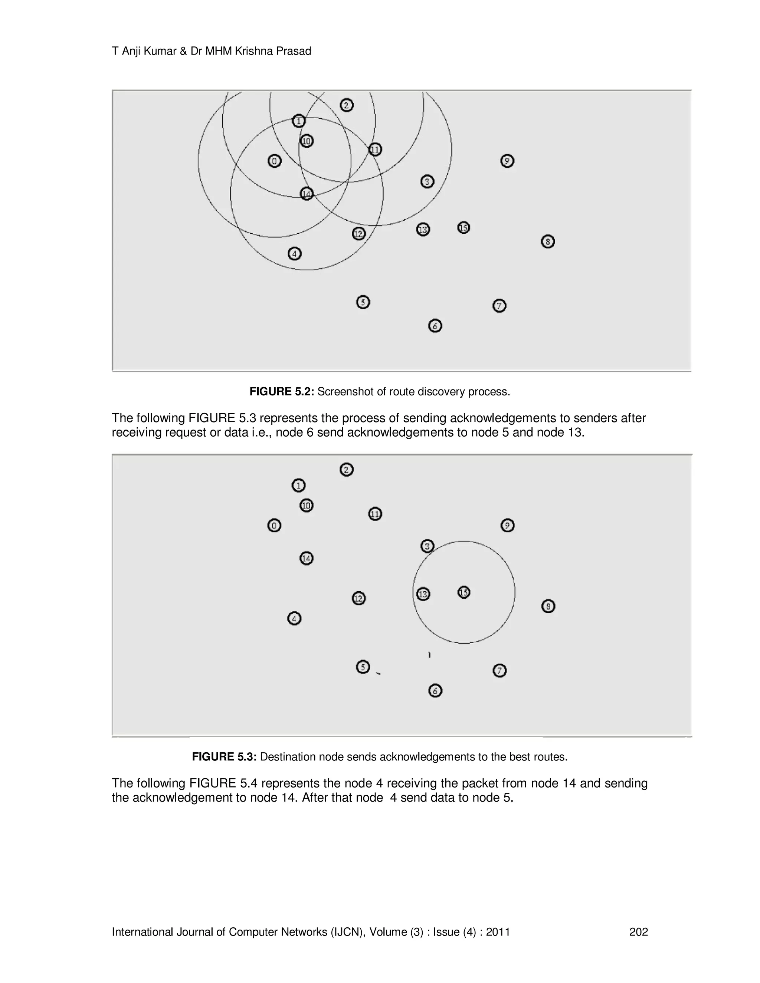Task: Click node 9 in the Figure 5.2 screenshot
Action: coord(507,161)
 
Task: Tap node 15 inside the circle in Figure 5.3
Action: coord(464,592)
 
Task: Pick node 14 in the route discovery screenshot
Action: coord(306,194)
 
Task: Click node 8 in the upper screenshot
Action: coord(547,242)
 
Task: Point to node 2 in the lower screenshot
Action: coord(346,470)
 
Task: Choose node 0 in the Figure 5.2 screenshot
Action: coord(274,161)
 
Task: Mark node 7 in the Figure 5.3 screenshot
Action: coord(499,671)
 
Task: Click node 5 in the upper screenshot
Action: coord(363,302)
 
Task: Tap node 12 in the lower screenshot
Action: coord(358,598)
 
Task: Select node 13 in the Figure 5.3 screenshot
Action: coord(423,594)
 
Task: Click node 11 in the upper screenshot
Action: coord(375,149)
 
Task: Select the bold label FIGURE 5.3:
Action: coord(224,757)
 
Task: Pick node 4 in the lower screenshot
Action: coord(294,618)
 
